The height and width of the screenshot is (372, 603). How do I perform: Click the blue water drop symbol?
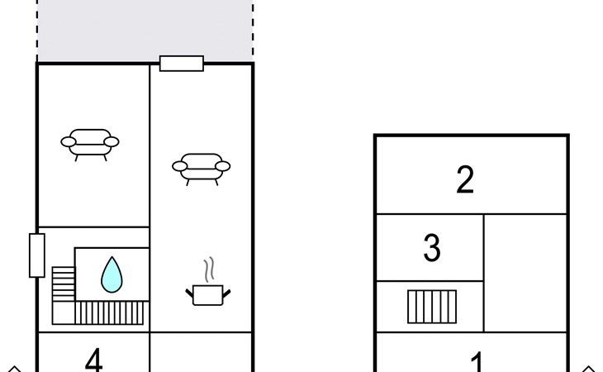click(x=112, y=274)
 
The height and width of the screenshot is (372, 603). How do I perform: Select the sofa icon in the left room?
click(x=90, y=145)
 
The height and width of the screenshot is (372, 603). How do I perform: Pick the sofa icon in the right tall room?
click(x=201, y=169)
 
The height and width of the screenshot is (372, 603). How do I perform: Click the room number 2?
click(x=465, y=179)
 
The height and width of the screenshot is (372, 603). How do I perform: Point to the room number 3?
click(x=431, y=248)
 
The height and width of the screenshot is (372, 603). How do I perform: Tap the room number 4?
click(x=93, y=360)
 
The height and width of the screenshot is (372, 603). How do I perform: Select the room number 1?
click(x=477, y=361)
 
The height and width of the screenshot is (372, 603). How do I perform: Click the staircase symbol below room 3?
click(x=432, y=307)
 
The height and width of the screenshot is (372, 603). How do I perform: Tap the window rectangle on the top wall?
click(x=182, y=64)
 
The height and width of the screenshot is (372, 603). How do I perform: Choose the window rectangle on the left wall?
click(x=37, y=255)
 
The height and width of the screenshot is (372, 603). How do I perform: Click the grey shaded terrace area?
click(x=145, y=31)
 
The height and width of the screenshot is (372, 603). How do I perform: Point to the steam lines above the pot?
click(x=209, y=269)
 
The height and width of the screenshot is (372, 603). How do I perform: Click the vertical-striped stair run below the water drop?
click(x=109, y=313)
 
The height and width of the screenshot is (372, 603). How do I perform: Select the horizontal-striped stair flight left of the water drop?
click(x=64, y=284)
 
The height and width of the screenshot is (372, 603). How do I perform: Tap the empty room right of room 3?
click(x=525, y=273)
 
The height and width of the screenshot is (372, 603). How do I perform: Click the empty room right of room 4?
click(x=201, y=352)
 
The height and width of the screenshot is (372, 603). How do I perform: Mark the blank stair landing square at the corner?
click(x=64, y=313)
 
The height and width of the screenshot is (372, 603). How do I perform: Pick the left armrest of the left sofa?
click(x=69, y=142)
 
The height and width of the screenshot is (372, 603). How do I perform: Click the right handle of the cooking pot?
click(x=226, y=294)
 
